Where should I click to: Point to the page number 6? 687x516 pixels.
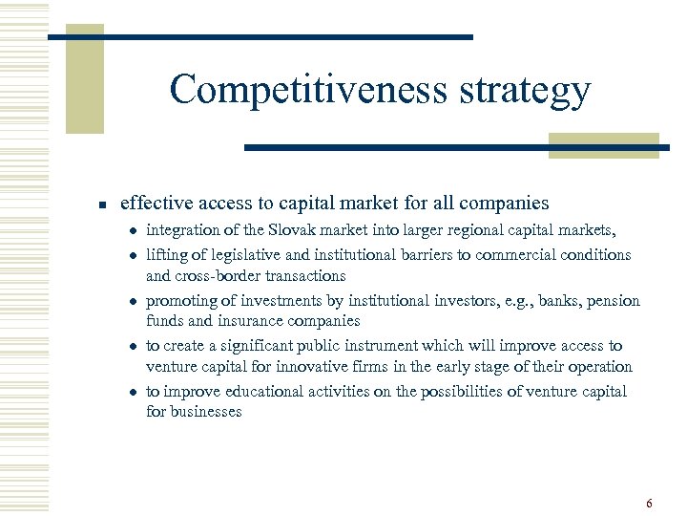click(x=649, y=504)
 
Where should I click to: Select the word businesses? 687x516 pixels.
click(x=206, y=412)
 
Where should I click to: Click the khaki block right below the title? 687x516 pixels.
click(x=603, y=144)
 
